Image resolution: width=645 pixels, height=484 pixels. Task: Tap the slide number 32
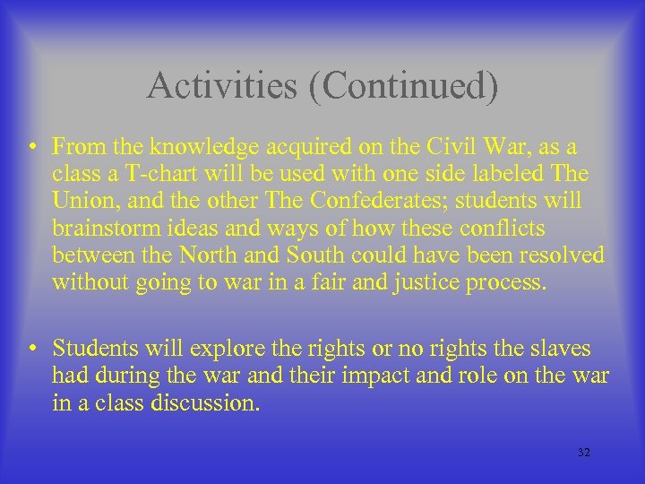tap(584, 454)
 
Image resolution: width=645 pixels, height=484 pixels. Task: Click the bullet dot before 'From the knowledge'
tap(32, 145)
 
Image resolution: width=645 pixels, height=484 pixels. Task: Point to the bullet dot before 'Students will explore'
tap(32, 348)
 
